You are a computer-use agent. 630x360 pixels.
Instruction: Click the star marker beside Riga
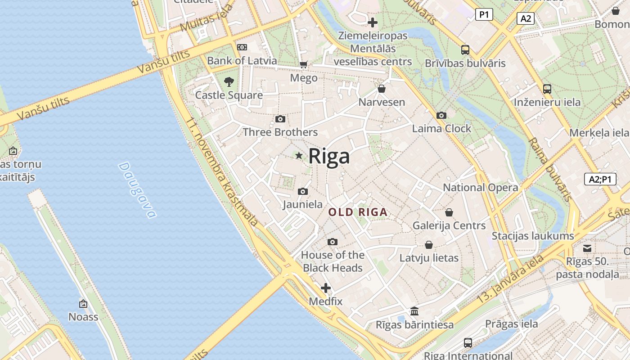point(299,156)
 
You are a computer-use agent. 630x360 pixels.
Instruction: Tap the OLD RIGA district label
point(358,212)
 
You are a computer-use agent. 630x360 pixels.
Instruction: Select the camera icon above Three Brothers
point(280,119)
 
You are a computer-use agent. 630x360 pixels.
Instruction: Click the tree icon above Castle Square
point(229,82)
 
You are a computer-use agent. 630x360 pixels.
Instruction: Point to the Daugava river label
point(137,190)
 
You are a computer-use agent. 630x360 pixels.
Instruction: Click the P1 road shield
point(484,15)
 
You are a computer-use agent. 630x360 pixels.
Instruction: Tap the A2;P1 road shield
point(600,179)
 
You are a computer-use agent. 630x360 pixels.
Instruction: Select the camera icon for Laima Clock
point(441,116)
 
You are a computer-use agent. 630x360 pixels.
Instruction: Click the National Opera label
point(480,188)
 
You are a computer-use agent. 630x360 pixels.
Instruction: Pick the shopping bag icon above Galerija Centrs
point(449,212)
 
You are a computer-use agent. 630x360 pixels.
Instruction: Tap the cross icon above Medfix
point(326,288)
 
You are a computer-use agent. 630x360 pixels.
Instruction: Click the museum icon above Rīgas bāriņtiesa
point(414,311)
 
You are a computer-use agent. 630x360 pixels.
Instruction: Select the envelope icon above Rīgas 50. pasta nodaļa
point(587,248)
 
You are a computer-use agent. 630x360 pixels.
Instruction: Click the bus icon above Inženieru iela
point(547,89)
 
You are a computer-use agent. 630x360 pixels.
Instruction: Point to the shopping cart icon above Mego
point(304,65)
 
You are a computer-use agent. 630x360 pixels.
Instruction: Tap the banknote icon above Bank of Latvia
point(242,47)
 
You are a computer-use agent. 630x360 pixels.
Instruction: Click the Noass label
point(83,317)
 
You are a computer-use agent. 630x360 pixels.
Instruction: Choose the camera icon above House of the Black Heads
point(333,242)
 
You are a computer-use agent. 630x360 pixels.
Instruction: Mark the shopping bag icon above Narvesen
point(382,89)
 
